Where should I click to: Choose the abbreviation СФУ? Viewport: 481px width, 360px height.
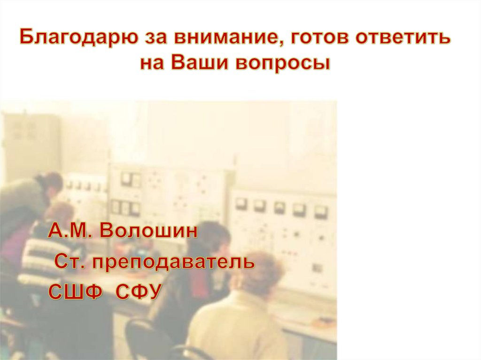pyautogui.click(x=138, y=291)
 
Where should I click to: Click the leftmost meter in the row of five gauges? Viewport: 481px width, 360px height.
pyautogui.click(x=241, y=203)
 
